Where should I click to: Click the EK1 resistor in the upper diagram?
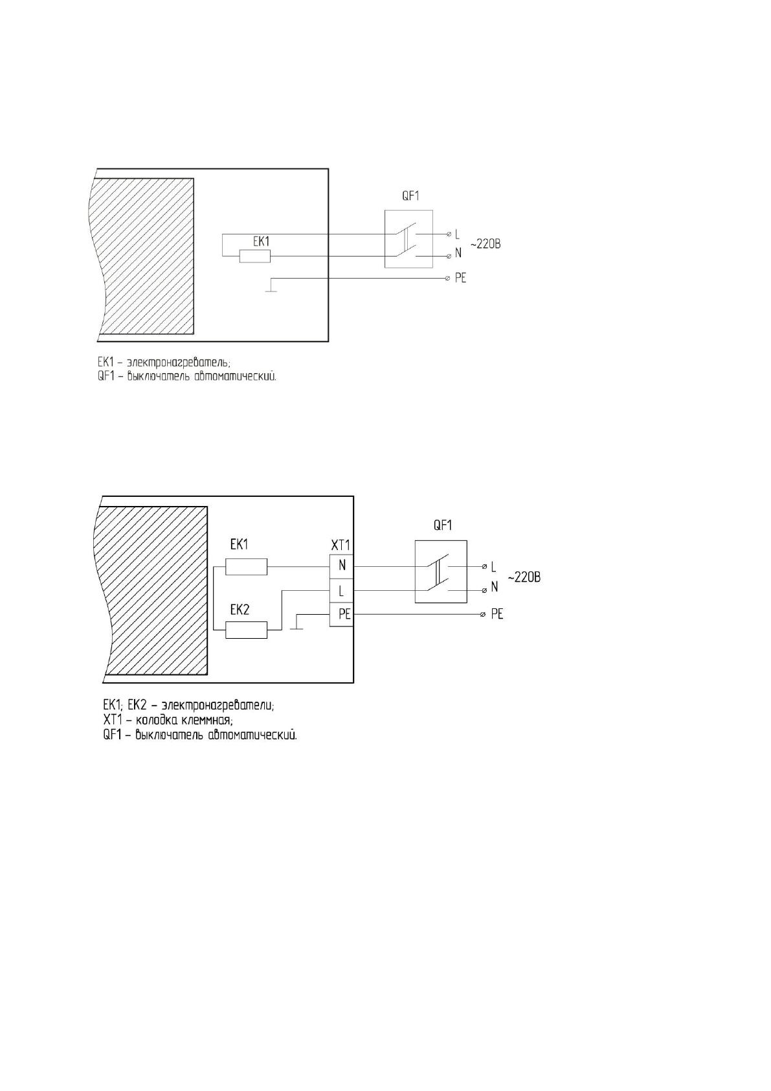click(x=254, y=257)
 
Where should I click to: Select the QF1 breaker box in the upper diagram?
click(x=408, y=239)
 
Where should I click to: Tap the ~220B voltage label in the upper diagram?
click(x=485, y=244)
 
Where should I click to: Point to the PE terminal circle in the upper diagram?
click(x=448, y=279)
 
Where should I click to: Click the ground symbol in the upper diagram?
click(x=271, y=289)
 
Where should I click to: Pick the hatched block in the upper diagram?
click(x=146, y=256)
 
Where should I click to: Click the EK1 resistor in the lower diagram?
click(x=246, y=566)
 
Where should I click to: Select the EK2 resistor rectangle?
click(x=246, y=630)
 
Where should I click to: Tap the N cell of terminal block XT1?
click(x=342, y=566)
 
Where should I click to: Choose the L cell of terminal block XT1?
click(x=342, y=591)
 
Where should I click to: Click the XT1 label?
click(x=341, y=545)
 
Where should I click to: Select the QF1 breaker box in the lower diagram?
click(x=440, y=571)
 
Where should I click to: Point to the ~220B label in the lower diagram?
click(x=524, y=577)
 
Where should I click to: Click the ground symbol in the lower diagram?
click(x=296, y=626)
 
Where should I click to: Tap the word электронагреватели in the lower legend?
click(x=218, y=706)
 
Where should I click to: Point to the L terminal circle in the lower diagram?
click(x=484, y=567)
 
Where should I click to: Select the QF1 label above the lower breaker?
click(x=442, y=525)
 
